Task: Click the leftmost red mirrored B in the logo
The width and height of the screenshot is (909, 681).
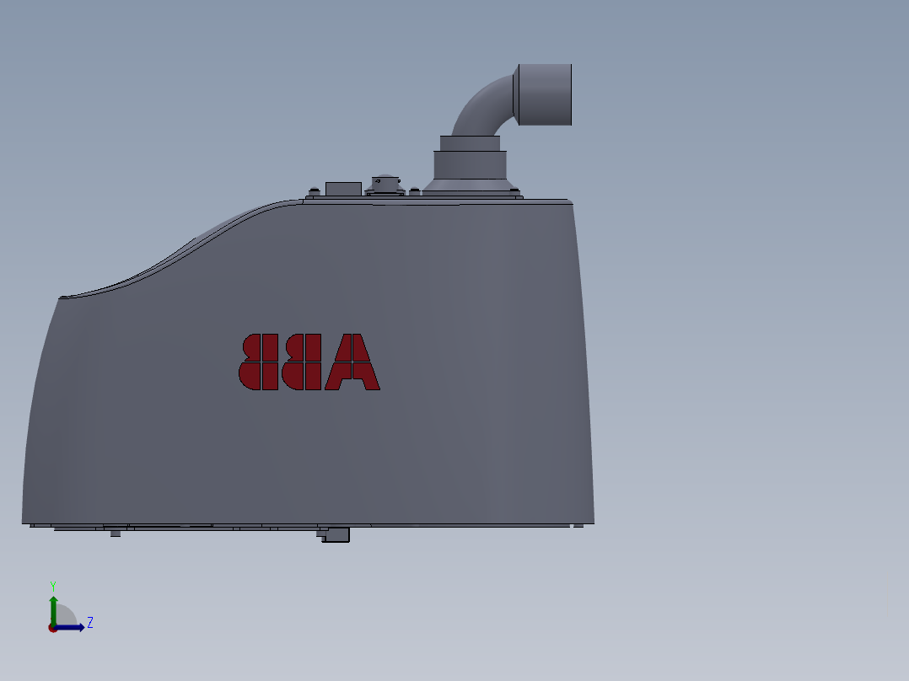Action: (x=259, y=362)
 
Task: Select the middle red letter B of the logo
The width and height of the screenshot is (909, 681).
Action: (x=302, y=362)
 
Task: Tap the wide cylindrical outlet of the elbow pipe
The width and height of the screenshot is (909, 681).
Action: (x=544, y=94)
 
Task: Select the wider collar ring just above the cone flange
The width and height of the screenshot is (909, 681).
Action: (x=471, y=164)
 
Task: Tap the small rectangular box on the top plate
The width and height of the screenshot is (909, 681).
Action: (x=343, y=188)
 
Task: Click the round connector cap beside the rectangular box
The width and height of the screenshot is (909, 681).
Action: (x=385, y=184)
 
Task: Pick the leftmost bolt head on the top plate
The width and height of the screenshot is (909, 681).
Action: (x=315, y=190)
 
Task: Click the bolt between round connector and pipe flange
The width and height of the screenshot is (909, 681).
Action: (x=414, y=190)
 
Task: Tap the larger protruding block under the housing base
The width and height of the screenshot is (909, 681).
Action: (x=336, y=534)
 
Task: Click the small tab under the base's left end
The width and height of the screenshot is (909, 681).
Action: (x=116, y=533)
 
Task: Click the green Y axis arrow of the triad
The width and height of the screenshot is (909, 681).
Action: (x=53, y=607)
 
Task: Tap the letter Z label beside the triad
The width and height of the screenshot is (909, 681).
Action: (x=90, y=623)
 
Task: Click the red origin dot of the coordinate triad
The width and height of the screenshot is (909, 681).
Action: (x=53, y=628)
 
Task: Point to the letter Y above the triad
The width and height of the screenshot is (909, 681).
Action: (x=53, y=586)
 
